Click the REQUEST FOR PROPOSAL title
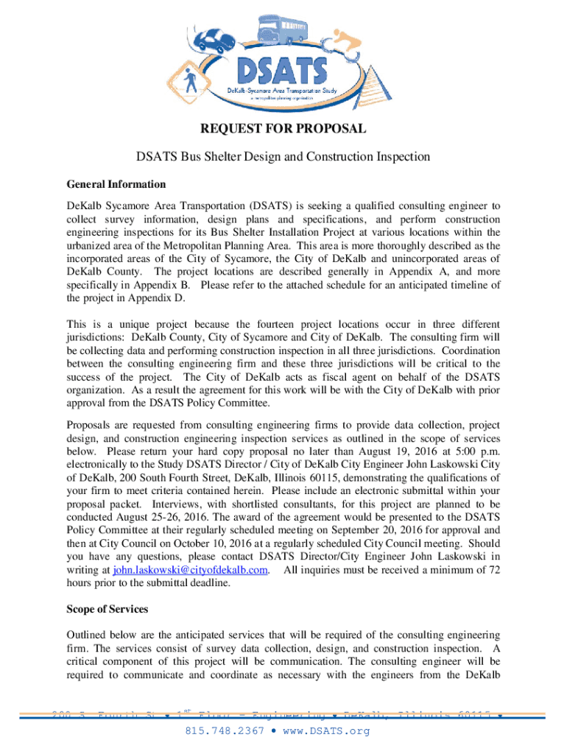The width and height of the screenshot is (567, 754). [x=283, y=130]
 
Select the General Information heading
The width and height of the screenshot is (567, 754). [x=116, y=184]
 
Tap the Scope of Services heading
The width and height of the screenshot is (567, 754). [x=107, y=609]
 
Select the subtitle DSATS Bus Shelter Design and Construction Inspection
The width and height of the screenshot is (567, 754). [x=283, y=157]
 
